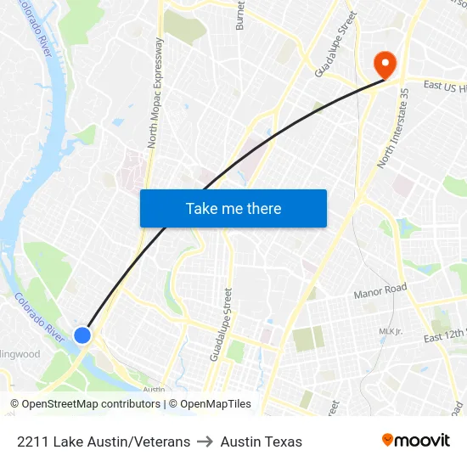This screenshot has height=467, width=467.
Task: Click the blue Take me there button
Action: [233, 208]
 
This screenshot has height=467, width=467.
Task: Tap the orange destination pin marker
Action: [385, 65]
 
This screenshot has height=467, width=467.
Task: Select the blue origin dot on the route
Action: [82, 335]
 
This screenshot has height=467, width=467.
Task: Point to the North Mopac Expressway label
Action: [155, 93]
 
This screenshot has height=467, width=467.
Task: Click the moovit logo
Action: [415, 441]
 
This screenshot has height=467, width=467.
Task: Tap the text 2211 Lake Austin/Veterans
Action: [104, 442]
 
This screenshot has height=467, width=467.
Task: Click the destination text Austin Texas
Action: [261, 442]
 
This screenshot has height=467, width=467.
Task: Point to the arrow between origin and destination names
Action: [205, 442]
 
